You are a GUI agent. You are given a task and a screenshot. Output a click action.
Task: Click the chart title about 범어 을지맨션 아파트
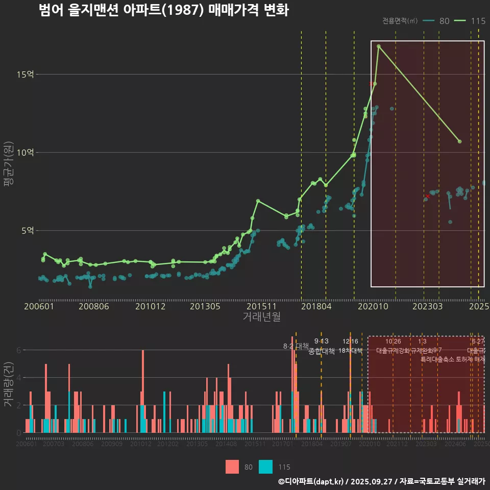coord(163,10)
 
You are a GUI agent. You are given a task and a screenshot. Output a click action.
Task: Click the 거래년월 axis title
coord(261,317)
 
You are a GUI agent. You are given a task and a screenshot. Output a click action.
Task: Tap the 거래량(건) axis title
coord(8,384)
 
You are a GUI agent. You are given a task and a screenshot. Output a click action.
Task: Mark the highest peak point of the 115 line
coord(379,46)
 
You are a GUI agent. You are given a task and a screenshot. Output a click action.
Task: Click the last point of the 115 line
coord(460,141)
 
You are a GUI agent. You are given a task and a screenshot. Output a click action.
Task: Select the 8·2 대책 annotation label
coord(296,346)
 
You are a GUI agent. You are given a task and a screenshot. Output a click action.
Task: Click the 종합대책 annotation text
coord(322,351)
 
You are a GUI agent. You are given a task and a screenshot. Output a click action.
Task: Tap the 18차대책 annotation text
coord(350,351)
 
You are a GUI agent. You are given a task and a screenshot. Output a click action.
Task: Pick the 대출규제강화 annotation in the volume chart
coord(393,351)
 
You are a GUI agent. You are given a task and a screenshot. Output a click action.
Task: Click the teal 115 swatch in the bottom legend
coord(265,467)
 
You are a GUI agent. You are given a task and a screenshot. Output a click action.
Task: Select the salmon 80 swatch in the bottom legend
coord(232,467)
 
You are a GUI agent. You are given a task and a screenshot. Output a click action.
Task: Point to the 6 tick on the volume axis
coord(19,350)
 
